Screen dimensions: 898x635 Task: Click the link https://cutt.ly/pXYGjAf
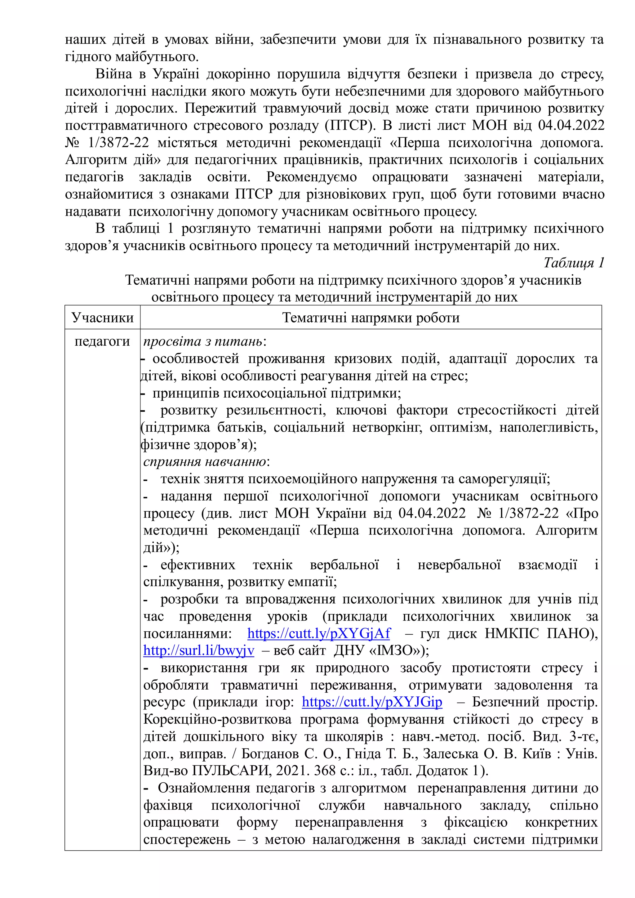tap(319, 633)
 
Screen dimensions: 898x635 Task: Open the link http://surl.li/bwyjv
tap(199, 651)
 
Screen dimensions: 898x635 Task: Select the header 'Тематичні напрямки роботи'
tap(371, 318)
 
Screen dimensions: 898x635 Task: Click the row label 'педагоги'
tap(102, 341)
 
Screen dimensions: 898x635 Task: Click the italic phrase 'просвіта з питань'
tap(202, 341)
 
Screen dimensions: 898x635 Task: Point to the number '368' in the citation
tap(323, 771)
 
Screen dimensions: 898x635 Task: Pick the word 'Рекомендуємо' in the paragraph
tap(311, 177)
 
